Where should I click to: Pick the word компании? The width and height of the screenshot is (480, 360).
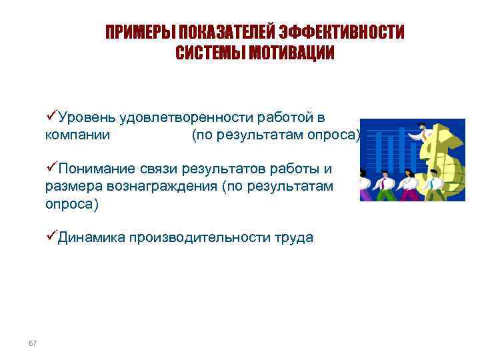point(73,135)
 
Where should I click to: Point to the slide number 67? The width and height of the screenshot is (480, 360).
point(33,343)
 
